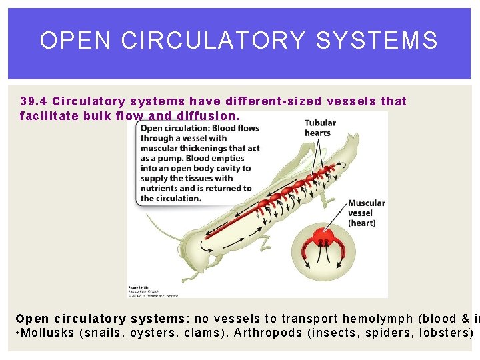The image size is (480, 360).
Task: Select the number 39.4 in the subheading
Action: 33,101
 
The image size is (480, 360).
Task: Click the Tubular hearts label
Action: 319,128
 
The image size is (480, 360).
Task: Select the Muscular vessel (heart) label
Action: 366,213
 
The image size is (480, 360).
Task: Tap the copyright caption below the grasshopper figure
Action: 154,291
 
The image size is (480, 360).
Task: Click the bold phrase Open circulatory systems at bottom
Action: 100,319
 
